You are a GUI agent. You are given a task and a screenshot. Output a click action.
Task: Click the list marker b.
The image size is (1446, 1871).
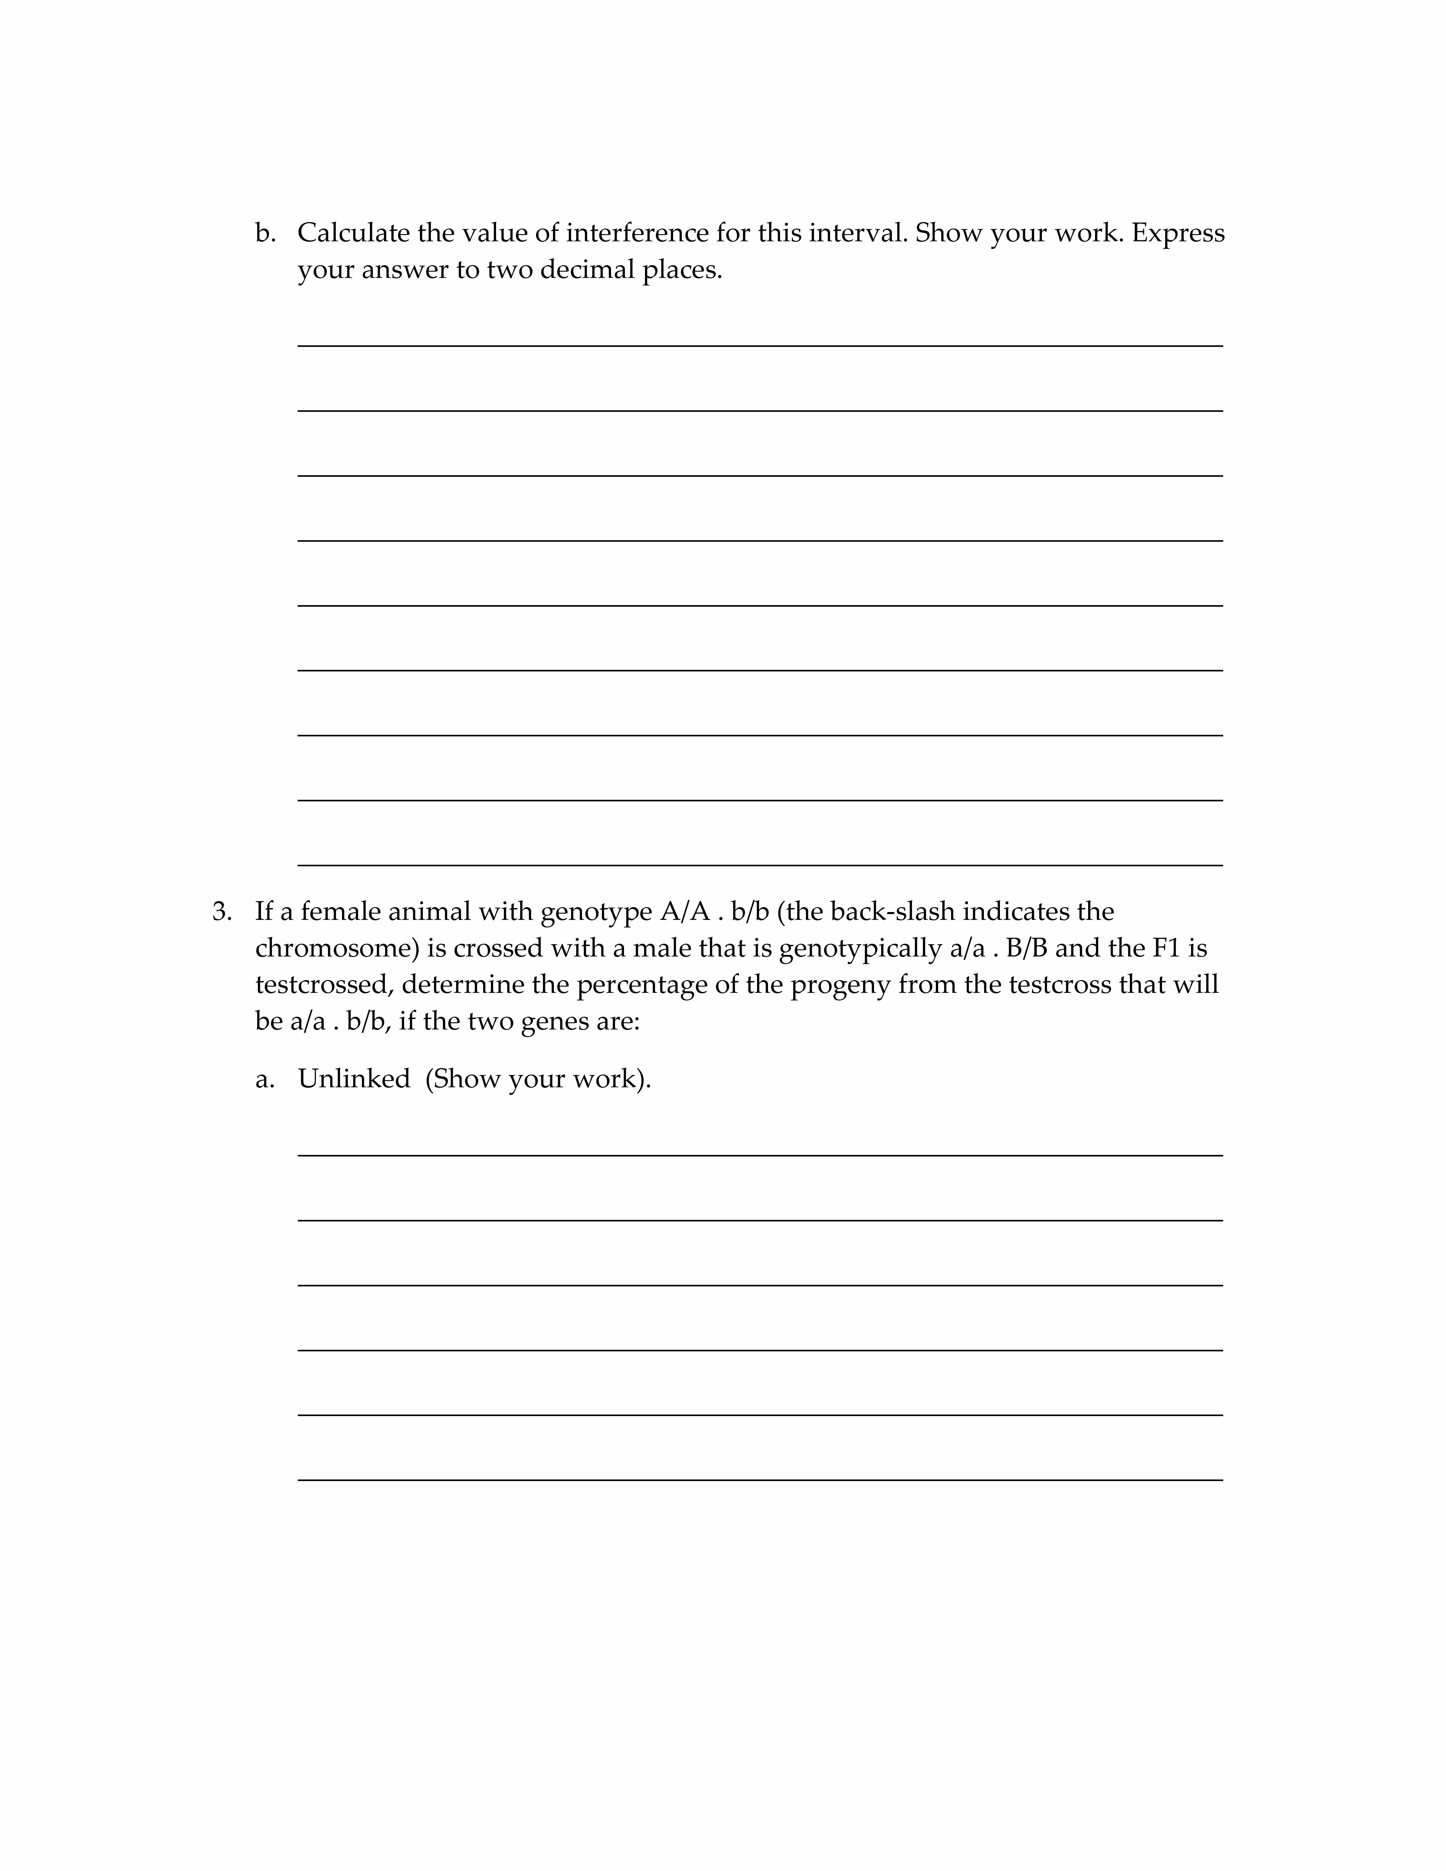pos(265,233)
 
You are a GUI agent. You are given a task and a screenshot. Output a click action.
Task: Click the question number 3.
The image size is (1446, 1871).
pos(222,912)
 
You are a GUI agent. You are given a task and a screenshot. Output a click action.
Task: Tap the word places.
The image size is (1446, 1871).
pos(683,270)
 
